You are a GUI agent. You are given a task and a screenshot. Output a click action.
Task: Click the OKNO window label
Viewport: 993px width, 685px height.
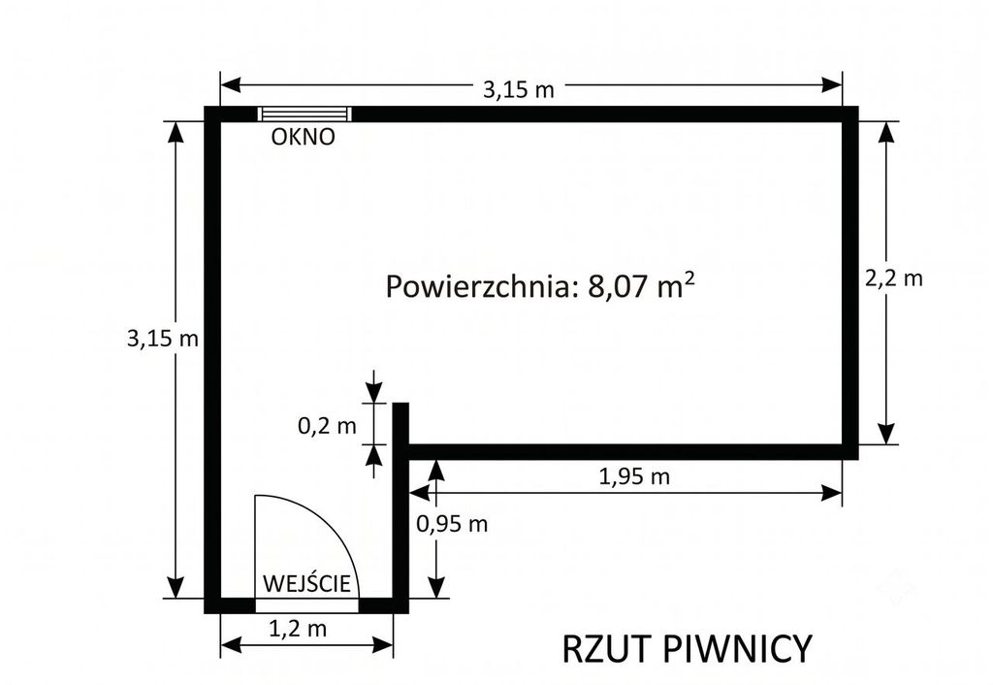point(303,137)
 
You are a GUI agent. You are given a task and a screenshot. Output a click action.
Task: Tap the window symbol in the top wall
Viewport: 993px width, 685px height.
point(304,114)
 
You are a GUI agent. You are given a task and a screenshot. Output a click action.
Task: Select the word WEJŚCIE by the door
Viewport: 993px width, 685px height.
point(306,583)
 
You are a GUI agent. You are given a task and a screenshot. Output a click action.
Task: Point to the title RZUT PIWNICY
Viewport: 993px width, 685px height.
point(687,649)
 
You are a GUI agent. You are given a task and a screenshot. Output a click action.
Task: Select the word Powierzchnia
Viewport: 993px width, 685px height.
point(483,286)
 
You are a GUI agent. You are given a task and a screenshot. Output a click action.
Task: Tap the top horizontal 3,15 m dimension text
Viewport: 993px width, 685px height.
point(519,90)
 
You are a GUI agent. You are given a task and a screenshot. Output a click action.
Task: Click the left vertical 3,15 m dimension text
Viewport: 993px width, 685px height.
point(163,339)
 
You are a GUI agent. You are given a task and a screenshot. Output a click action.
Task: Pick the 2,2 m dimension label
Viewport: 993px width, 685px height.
point(894,277)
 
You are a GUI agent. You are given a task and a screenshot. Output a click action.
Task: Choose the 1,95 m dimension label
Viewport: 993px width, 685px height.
point(634,475)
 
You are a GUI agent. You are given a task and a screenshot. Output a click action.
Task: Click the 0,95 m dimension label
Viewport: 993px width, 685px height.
point(452,524)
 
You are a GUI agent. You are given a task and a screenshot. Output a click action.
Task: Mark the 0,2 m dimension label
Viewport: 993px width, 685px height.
point(327,426)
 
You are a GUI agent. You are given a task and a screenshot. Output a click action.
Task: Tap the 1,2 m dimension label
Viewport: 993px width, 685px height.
point(298,629)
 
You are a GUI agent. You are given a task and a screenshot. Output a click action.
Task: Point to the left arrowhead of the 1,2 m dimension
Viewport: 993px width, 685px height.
point(231,646)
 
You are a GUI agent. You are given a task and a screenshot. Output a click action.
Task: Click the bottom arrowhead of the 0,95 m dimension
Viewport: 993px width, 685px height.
point(436,587)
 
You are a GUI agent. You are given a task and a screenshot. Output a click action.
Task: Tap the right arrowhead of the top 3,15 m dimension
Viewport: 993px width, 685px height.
point(831,84)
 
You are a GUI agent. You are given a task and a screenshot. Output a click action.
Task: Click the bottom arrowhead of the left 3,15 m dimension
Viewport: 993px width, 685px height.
point(176,587)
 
